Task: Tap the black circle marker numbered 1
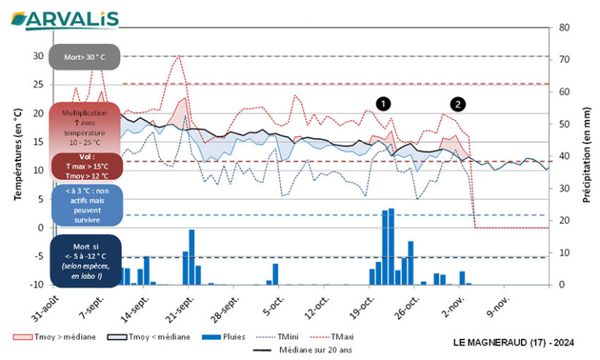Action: pyautogui.click(x=383, y=104)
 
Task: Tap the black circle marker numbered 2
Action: pyautogui.click(x=457, y=104)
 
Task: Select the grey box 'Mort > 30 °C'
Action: pyautogui.click(x=84, y=56)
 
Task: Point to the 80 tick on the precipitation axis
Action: pyautogui.click(x=564, y=27)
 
